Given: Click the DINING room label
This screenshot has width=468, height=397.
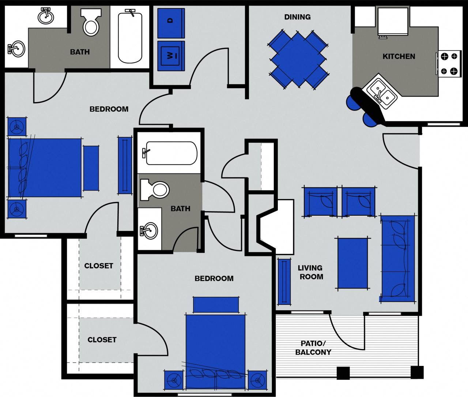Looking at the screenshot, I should [x=297, y=17].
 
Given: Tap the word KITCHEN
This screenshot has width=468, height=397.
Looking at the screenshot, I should [x=399, y=56].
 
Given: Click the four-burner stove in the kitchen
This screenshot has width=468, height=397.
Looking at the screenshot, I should [x=449, y=64].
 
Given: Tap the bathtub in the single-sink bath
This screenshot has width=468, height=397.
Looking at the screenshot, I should [x=171, y=153].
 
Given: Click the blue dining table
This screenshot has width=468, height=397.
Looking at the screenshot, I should [x=298, y=59].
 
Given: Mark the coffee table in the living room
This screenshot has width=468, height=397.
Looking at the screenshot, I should [x=352, y=263].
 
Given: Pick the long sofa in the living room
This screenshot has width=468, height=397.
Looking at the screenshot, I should [x=398, y=258].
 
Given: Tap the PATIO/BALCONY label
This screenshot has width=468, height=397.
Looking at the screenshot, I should [x=313, y=348].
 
